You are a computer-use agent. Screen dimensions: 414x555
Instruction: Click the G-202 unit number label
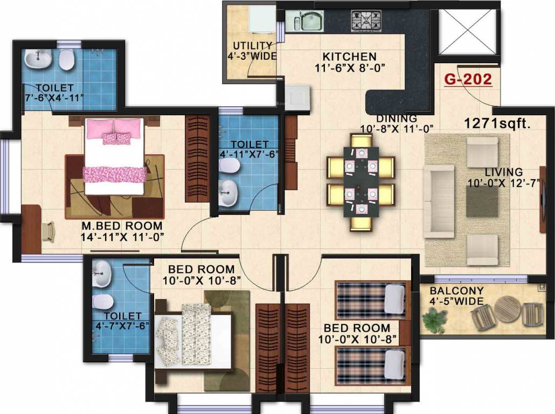click(x=468, y=80)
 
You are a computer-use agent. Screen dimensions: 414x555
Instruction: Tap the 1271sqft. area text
click(x=497, y=123)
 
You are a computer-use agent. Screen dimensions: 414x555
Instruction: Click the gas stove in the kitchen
click(x=366, y=20)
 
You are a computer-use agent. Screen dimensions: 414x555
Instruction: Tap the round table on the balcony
click(x=507, y=309)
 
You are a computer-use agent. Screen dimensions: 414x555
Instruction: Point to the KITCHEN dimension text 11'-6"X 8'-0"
click(x=350, y=67)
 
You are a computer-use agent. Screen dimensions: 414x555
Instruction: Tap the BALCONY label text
click(x=456, y=291)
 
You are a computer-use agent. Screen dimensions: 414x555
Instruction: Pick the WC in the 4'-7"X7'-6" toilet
click(x=103, y=301)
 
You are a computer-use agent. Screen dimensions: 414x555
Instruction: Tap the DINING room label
click(x=397, y=119)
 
